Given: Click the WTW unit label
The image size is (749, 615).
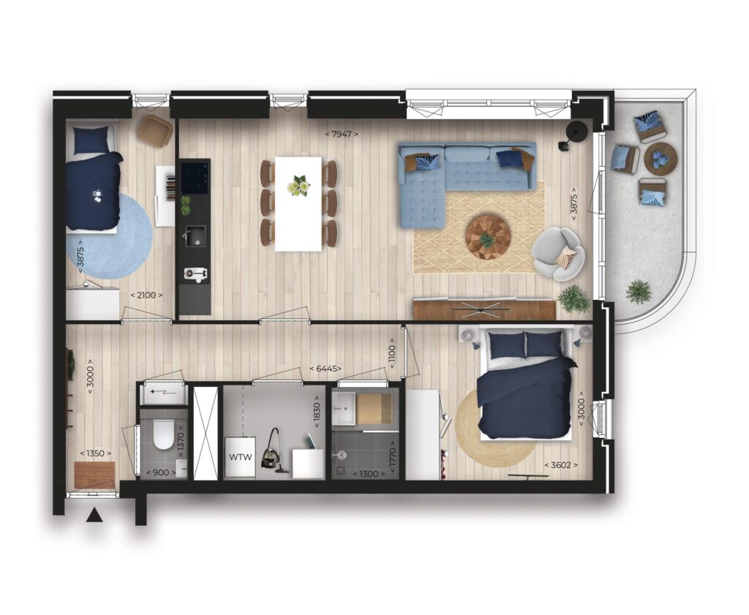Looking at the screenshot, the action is (x=240, y=457).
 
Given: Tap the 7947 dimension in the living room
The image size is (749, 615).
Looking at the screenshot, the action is (x=342, y=134).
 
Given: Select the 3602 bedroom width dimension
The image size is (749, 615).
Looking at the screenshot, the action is (x=561, y=464).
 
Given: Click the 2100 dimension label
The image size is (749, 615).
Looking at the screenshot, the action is (x=146, y=295).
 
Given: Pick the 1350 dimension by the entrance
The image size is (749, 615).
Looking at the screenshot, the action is (x=96, y=453).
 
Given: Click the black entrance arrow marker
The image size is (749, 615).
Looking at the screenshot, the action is (x=95, y=515).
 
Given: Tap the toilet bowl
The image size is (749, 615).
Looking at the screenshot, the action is (x=163, y=434).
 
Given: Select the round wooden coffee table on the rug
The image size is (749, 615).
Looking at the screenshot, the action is (x=488, y=238).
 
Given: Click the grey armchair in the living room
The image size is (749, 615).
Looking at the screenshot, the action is (x=558, y=254).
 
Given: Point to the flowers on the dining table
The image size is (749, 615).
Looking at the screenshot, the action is (x=298, y=185).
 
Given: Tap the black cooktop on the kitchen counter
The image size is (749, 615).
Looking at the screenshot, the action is (x=195, y=178).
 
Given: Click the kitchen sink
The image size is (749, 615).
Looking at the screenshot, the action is (x=195, y=236).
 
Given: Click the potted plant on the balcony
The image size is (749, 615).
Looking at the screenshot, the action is (x=638, y=292).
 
